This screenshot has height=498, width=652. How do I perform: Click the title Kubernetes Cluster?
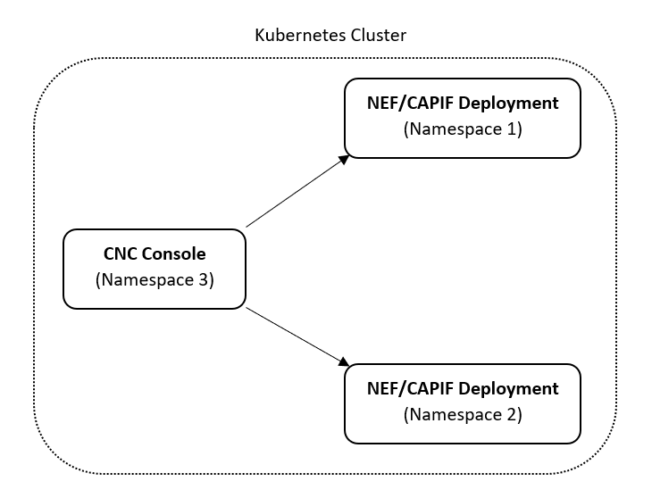pyautogui.click(x=330, y=36)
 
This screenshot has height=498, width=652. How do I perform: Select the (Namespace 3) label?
pyautogui.click(x=154, y=280)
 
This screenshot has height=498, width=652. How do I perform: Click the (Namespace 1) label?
pyautogui.click(x=463, y=129)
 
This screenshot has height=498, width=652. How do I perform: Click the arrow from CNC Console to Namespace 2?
pyautogui.click(x=295, y=336)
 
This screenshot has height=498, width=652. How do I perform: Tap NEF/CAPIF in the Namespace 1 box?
pyautogui.click(x=411, y=103)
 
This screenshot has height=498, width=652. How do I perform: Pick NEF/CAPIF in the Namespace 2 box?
pyautogui.click(x=411, y=388)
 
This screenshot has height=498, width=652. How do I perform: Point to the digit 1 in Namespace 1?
pyautogui.click(x=511, y=129)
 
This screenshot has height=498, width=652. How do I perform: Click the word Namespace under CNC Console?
pyautogui.click(x=147, y=280)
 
